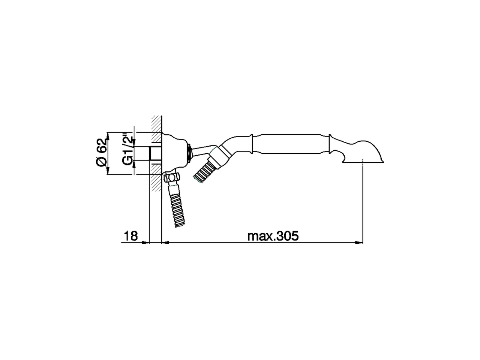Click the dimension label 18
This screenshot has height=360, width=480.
click(131, 236)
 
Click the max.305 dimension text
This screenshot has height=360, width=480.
click(273, 236)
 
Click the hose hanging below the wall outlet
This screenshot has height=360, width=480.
click(176, 208)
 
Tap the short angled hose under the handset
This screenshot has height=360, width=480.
click(203, 172)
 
